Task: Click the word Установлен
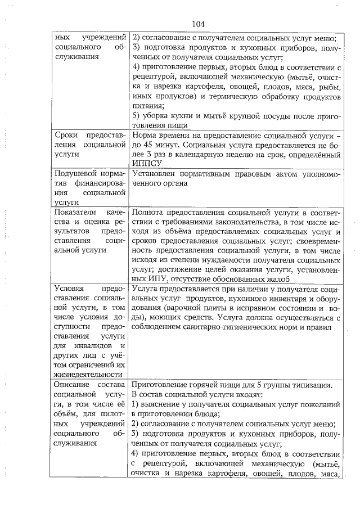(x=155, y=174)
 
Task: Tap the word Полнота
(x=150, y=212)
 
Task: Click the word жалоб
(x=279, y=278)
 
